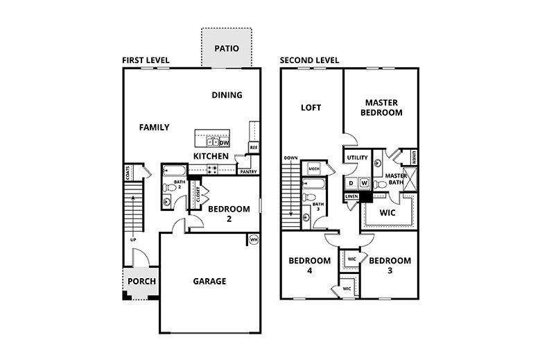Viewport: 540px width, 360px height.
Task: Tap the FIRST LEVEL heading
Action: point(146,60)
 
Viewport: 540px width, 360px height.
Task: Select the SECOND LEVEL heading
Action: point(309,60)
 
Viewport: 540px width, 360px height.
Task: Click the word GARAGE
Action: point(209,281)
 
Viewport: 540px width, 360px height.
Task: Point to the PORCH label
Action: point(142,282)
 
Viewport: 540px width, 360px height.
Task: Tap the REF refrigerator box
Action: point(254,147)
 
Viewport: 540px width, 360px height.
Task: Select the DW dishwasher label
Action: point(224,143)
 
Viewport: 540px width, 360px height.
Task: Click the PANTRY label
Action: point(248,171)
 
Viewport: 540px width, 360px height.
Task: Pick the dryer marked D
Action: point(351,183)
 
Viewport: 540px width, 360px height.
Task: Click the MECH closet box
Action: point(313,169)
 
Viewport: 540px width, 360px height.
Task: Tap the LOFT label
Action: point(311,108)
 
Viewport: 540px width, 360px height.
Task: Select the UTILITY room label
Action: point(357,158)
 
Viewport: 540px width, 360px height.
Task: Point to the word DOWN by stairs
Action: point(290,158)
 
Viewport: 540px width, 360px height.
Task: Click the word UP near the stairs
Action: point(132,240)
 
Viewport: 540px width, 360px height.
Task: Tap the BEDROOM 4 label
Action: point(309,266)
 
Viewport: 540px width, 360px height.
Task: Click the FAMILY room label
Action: point(154,127)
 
